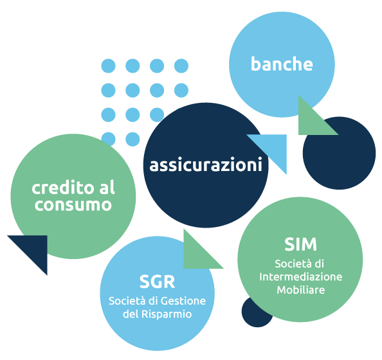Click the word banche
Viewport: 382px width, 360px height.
click(282, 64)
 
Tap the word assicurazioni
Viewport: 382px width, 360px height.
click(206, 165)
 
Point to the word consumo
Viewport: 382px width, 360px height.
click(73, 205)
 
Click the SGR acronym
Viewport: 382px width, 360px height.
click(157, 282)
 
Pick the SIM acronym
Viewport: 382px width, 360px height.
click(300, 244)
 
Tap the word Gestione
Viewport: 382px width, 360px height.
click(183, 301)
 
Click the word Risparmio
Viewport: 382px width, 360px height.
click(167, 314)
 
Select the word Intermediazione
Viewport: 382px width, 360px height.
click(300, 277)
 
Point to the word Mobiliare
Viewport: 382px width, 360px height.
click(301, 290)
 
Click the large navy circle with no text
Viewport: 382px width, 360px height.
click(339, 153)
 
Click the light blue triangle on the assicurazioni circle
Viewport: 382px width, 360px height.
click(273, 148)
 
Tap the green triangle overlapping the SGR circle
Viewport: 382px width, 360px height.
click(197, 255)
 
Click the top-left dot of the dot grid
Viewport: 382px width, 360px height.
click(108, 66)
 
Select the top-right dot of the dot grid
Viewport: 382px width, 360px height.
click(181, 66)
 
